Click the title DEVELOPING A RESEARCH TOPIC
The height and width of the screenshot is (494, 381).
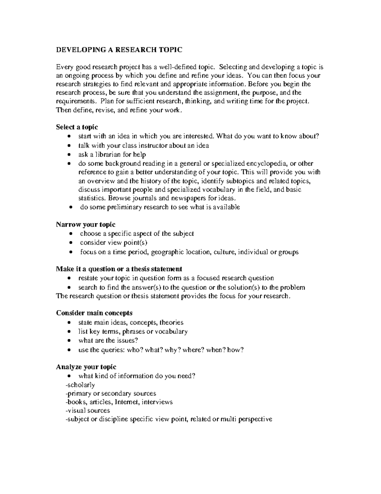pyautogui.click(x=119, y=50)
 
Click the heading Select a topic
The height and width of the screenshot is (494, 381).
pyautogui.click(x=77, y=127)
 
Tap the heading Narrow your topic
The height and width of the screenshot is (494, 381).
pyautogui.click(x=85, y=225)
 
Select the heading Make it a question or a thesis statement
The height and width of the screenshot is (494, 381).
pyautogui.click(x=119, y=269)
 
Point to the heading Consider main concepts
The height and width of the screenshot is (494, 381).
pyautogui.click(x=94, y=313)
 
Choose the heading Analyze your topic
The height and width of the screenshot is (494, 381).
pyautogui.click(x=86, y=367)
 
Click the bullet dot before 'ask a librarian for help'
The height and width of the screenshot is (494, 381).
pyautogui.click(x=70, y=155)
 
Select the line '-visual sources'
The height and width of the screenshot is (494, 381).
pyautogui.click(x=88, y=410)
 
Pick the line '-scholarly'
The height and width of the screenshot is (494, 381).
pyautogui.click(x=80, y=385)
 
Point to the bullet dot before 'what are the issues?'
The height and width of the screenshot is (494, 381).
pyautogui.click(x=70, y=341)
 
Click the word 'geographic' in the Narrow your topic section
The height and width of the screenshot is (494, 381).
pyautogui.click(x=167, y=252)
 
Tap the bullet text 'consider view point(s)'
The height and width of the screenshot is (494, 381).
pyautogui.click(x=114, y=242)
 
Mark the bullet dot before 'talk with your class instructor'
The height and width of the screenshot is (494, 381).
pyautogui.click(x=70, y=146)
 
